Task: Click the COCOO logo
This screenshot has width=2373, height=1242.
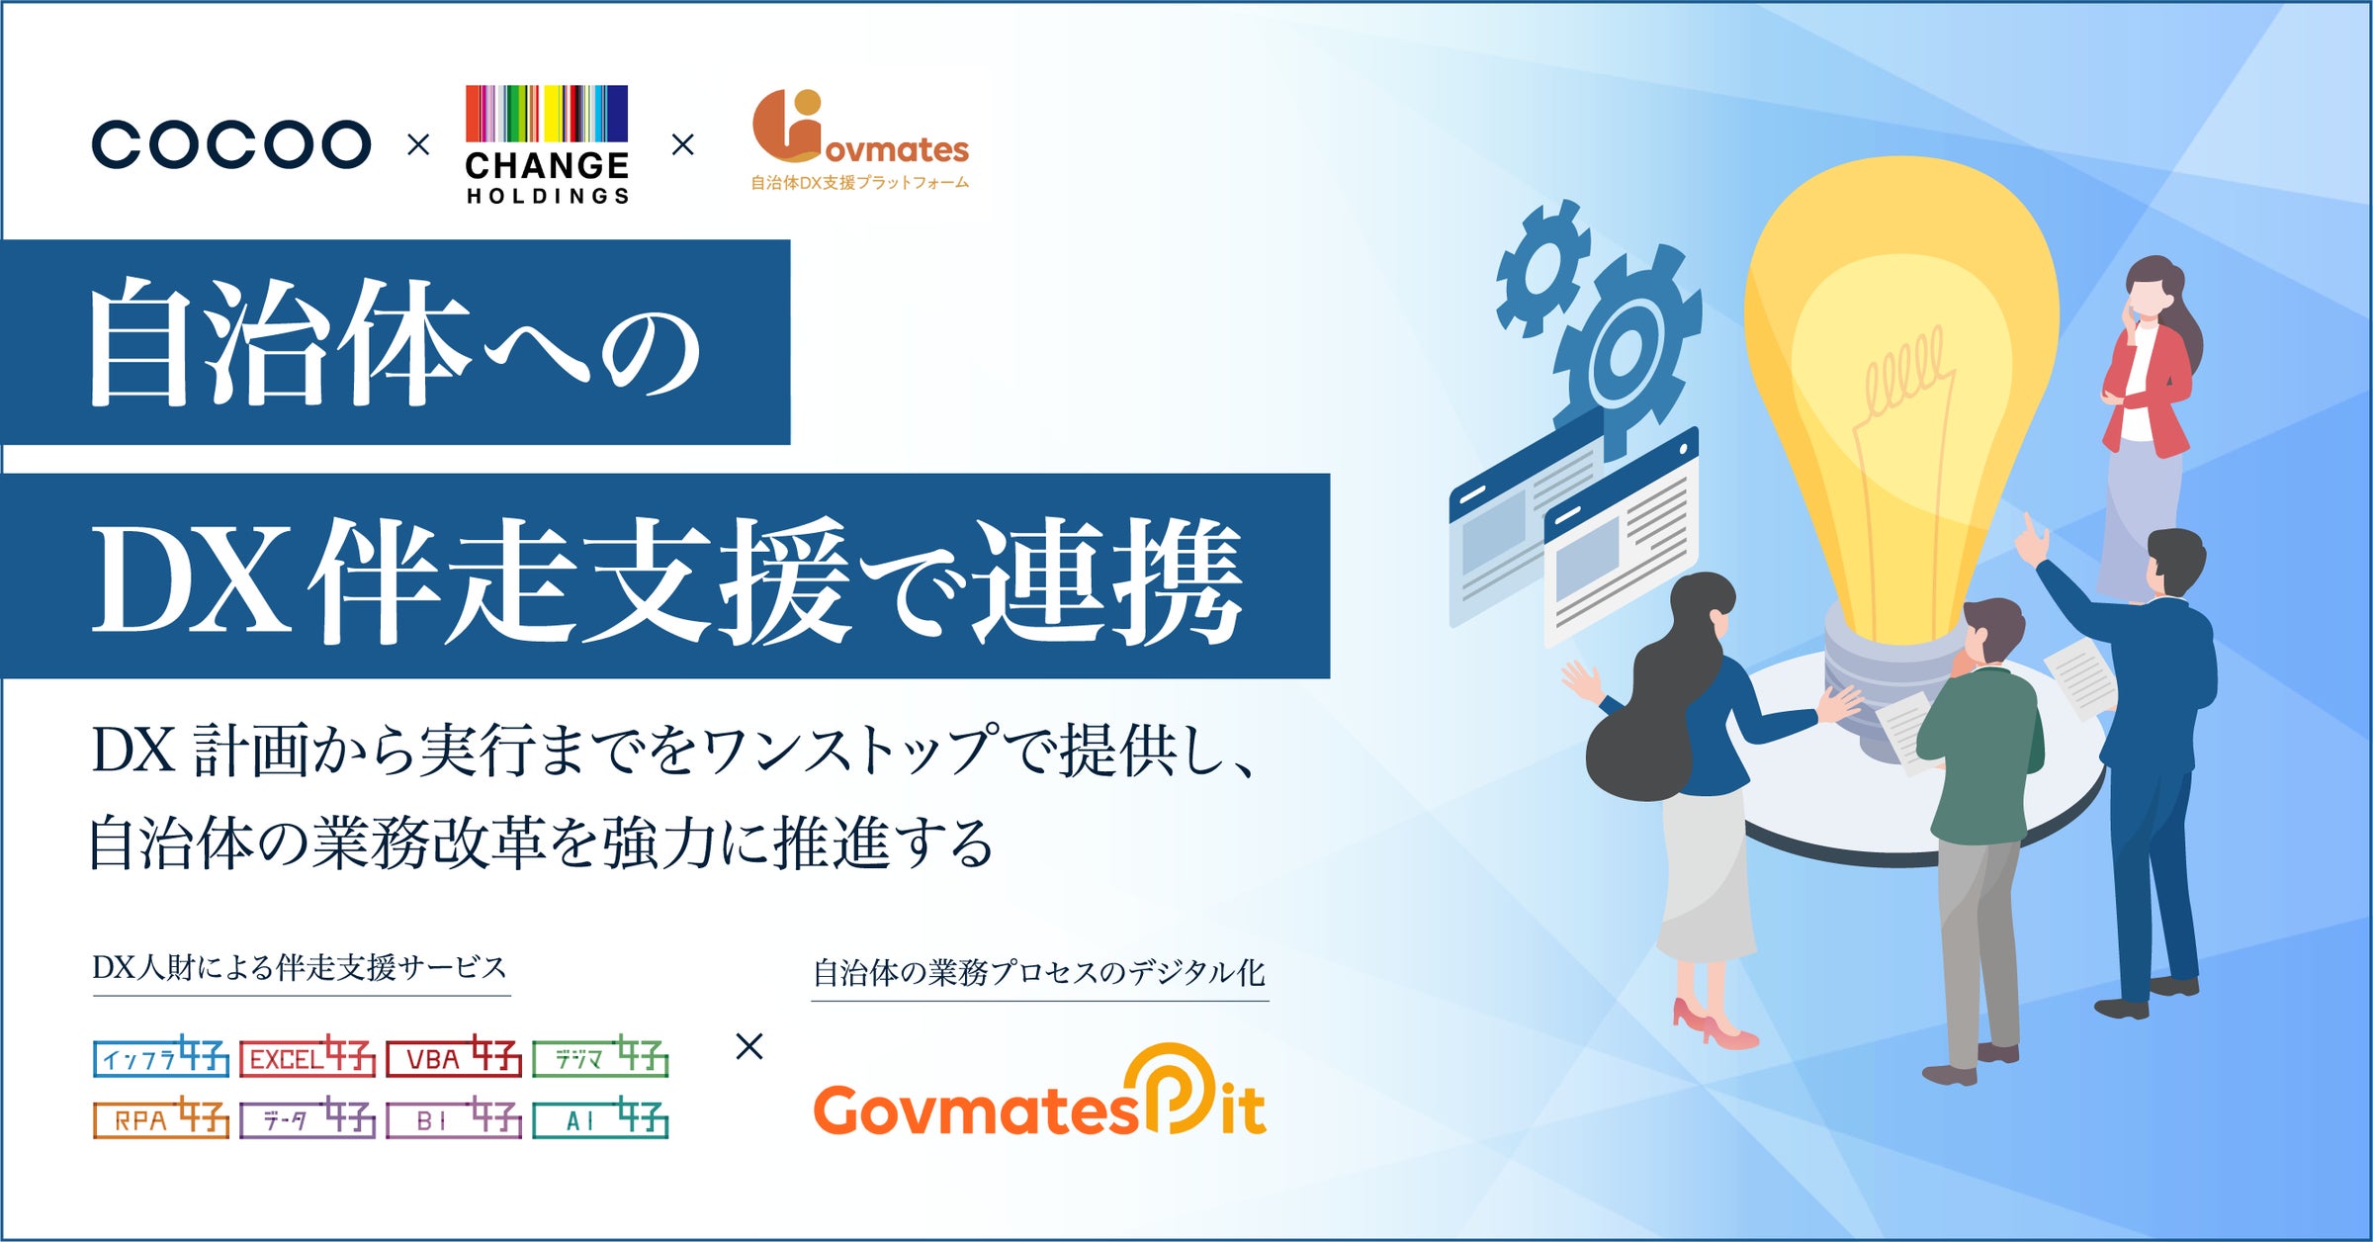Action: [x=231, y=145]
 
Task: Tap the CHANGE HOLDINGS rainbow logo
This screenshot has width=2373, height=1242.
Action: [x=547, y=144]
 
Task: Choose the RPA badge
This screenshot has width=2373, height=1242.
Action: [x=161, y=1118]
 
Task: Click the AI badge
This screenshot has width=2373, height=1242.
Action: [x=600, y=1118]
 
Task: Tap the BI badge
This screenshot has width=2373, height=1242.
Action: [x=454, y=1118]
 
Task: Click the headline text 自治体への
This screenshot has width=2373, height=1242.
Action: [x=395, y=343]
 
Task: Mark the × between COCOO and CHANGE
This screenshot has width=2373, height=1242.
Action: [x=418, y=145]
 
